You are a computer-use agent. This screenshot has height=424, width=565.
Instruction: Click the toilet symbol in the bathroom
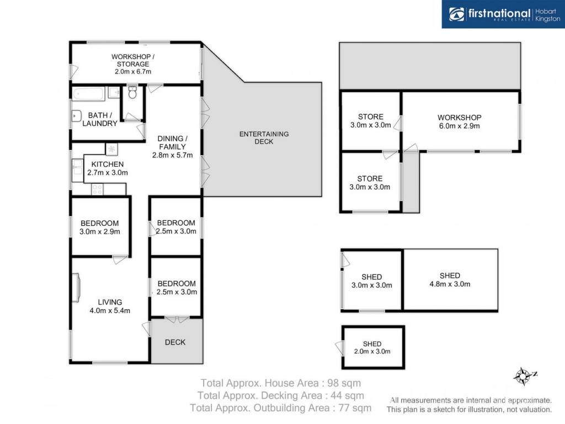[x=132, y=92]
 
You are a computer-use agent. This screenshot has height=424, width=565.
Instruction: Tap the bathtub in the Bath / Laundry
[x=89, y=94]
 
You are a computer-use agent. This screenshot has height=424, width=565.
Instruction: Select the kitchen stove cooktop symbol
[x=97, y=189]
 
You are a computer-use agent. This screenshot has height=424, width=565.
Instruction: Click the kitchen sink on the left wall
[x=77, y=171]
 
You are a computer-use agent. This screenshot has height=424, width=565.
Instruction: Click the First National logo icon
[x=456, y=14]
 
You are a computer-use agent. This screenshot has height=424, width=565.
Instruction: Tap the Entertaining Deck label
[x=264, y=137]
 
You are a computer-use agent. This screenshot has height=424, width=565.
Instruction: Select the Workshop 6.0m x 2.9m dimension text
[x=460, y=126]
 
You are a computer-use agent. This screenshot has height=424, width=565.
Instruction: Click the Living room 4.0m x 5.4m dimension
[x=110, y=310]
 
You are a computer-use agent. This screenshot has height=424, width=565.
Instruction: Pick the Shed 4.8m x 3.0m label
[x=450, y=280]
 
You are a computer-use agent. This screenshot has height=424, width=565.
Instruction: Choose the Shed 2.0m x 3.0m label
[x=372, y=348]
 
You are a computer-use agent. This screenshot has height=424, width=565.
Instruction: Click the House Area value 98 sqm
[x=344, y=383]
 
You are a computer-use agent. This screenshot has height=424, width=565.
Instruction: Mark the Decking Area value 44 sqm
[x=347, y=395]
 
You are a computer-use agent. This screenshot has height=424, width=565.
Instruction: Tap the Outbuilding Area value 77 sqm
[x=355, y=408]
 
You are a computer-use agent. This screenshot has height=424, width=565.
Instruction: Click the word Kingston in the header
[x=548, y=19]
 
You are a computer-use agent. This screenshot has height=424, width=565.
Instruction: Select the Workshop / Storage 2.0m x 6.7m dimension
[x=133, y=71]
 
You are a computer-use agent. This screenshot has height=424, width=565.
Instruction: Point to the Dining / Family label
[x=172, y=142]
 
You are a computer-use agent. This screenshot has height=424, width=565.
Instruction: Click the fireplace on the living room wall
[x=76, y=287]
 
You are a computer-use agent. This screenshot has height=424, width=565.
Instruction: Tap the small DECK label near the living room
[x=175, y=342]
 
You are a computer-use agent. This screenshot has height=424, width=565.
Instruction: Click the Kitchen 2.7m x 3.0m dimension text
[x=108, y=172]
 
